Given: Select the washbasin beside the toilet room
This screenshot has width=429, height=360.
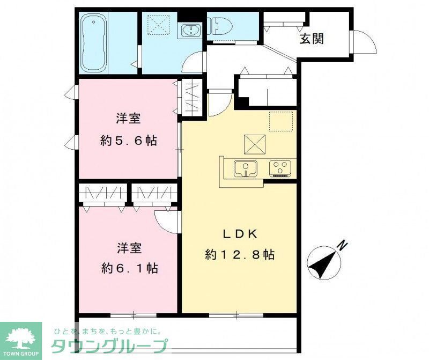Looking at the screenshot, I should click(x=190, y=31).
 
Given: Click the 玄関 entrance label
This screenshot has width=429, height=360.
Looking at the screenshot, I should click(x=312, y=39).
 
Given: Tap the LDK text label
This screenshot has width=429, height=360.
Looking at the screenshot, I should click(x=241, y=234).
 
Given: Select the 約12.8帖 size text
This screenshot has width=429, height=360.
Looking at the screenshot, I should click(x=240, y=255).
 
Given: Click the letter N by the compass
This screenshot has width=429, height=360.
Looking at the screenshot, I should click(x=342, y=246).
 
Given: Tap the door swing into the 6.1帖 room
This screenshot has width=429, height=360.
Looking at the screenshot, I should click(x=167, y=220).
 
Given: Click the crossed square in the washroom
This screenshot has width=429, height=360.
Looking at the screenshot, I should click(x=158, y=23).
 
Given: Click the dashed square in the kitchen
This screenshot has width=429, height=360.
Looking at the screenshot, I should click(x=281, y=121).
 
